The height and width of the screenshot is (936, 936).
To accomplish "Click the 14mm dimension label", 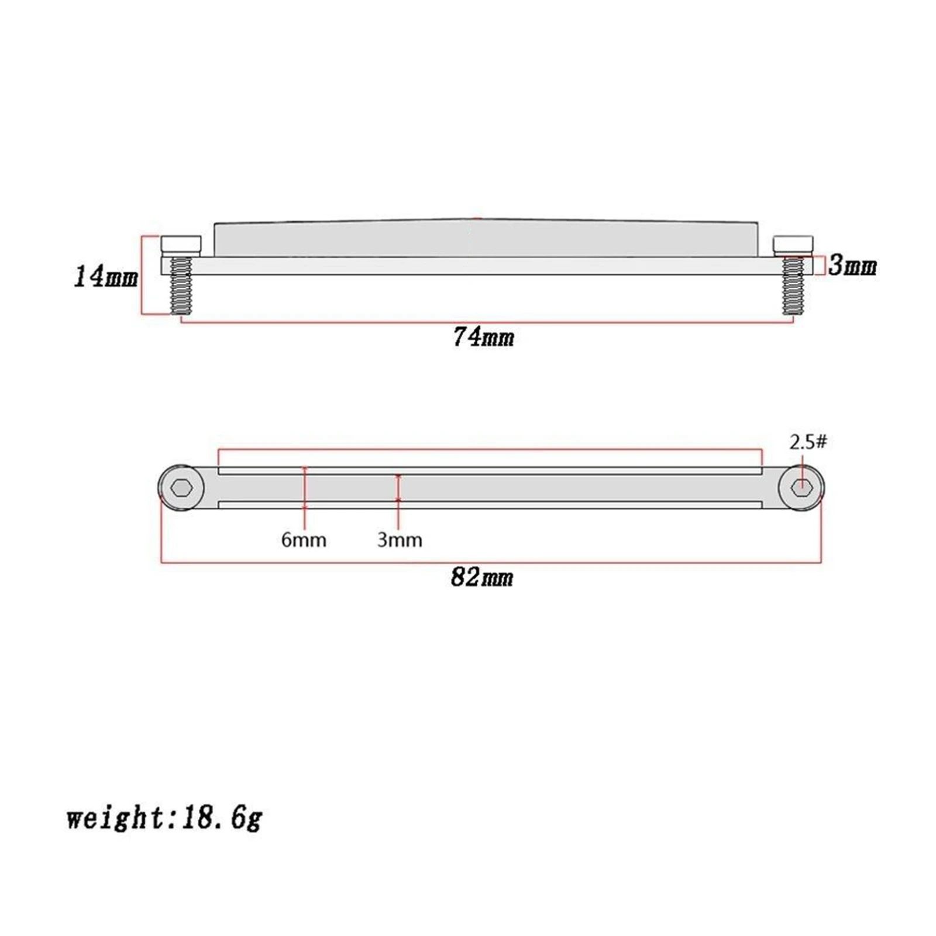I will [x=106, y=276].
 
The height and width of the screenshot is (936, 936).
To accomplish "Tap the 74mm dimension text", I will [x=484, y=338].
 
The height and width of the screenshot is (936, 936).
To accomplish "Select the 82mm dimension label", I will [x=482, y=578].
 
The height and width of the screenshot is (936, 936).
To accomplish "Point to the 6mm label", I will [x=304, y=539].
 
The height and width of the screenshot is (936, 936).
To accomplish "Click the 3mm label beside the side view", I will [x=852, y=266].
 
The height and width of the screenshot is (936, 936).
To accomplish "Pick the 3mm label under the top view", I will [x=400, y=539].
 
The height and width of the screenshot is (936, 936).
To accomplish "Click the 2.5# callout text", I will [x=808, y=442].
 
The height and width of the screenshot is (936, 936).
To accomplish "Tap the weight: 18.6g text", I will [x=164, y=817].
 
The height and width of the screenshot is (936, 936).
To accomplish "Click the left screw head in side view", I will [x=181, y=245].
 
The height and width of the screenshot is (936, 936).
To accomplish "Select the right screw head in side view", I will [x=793, y=245].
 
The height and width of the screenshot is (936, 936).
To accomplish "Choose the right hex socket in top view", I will [x=801, y=487].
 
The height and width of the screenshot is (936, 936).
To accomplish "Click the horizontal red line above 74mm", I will [x=486, y=321].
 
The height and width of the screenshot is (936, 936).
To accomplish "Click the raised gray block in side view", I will [x=486, y=239].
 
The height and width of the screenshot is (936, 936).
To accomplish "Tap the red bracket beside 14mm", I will [x=142, y=275].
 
